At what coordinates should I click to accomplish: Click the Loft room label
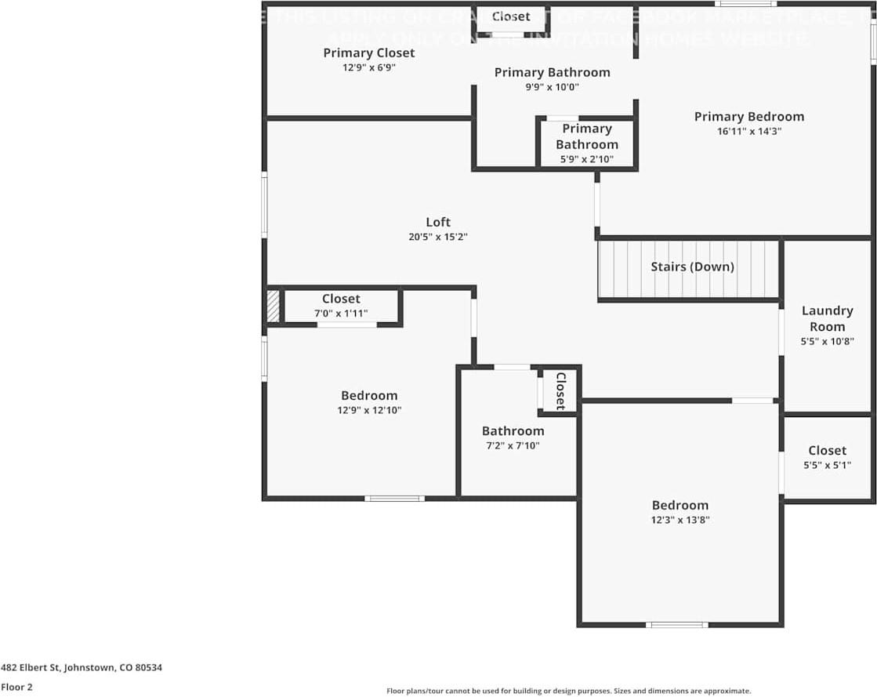(438, 222)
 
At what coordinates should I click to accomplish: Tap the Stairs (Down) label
(692, 267)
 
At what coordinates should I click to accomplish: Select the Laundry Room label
(827, 318)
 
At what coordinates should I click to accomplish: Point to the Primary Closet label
(368, 53)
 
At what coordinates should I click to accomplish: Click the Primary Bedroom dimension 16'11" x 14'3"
(749, 131)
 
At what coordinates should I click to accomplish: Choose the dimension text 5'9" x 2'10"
(586, 159)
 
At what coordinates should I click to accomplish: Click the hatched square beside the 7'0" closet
(273, 306)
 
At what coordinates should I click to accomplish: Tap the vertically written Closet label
(560, 390)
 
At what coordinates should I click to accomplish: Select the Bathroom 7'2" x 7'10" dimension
(513, 445)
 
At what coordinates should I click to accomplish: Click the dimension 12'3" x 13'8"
(680, 519)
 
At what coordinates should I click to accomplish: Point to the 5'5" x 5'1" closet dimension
(827, 464)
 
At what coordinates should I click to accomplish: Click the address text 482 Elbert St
(82, 668)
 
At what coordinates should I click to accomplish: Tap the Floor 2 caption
(16, 687)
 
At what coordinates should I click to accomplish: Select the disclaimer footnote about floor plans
(568, 691)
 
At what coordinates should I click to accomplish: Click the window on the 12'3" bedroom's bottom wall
(677, 625)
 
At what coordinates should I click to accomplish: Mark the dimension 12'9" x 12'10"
(368, 409)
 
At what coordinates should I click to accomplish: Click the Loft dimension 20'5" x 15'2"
(438, 236)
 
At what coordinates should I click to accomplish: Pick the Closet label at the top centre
(511, 16)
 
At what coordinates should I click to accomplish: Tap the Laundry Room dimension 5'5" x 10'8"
(827, 341)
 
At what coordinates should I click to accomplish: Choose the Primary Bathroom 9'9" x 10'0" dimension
(552, 86)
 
